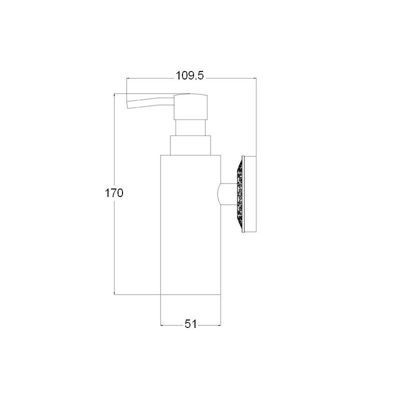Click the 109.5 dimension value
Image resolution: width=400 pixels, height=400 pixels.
[190, 75]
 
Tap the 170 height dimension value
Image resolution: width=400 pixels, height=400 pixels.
[114, 193]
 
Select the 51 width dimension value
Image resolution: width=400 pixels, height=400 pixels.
[191, 324]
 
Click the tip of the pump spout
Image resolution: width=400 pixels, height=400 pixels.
[127, 105]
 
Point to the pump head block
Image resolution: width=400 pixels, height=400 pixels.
[190, 106]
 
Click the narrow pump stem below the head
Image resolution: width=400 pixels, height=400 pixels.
[190, 127]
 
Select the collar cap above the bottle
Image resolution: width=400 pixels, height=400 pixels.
[190, 145]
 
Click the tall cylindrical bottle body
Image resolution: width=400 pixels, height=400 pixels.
[190, 224]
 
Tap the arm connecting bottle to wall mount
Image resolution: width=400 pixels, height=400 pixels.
[228, 194]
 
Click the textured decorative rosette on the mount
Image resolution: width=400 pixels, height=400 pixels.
[240, 194]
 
